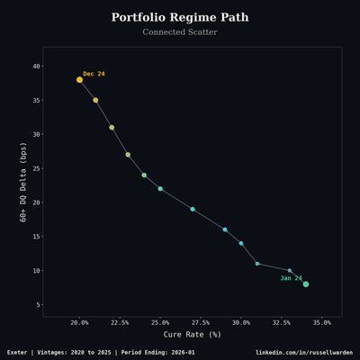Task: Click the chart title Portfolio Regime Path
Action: [180, 18]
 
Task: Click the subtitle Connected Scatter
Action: [180, 32]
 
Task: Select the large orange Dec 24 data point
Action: [79, 79]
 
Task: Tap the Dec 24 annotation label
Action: [94, 74]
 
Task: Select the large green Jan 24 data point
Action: [306, 284]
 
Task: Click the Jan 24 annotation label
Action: [291, 278]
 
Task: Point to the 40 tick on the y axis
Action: [36, 66]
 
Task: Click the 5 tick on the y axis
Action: [38, 305]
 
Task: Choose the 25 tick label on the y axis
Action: [36, 168]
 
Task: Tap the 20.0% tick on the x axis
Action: [79, 322]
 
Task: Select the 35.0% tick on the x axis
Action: [321, 322]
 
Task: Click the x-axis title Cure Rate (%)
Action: [192, 335]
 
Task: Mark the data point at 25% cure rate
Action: [160, 189]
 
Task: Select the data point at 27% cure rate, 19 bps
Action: [193, 209]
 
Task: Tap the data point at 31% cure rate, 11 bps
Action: [257, 264]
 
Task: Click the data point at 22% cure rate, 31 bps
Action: [112, 127]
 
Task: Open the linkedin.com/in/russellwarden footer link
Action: [303, 352]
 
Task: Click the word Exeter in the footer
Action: [19, 352]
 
